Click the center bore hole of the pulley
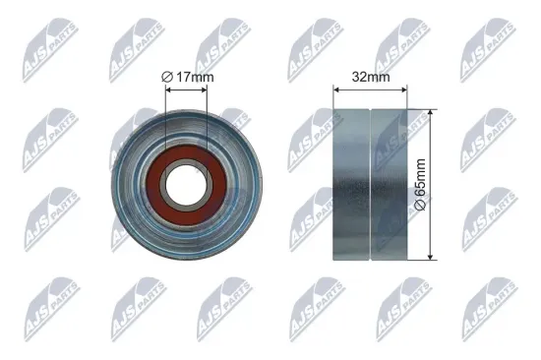pyautogui.click(x=187, y=183)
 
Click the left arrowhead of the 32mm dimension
pyautogui.click(x=337, y=89)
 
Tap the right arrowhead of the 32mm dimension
pyautogui.click(x=405, y=89)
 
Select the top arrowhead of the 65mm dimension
pyautogui.click(x=431, y=111)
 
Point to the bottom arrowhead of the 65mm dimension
pyautogui.click(x=431, y=257)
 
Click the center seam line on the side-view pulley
pyautogui.click(x=369, y=184)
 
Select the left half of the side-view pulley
pyautogui.click(x=351, y=184)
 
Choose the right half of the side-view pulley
pyautogui.click(x=389, y=184)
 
